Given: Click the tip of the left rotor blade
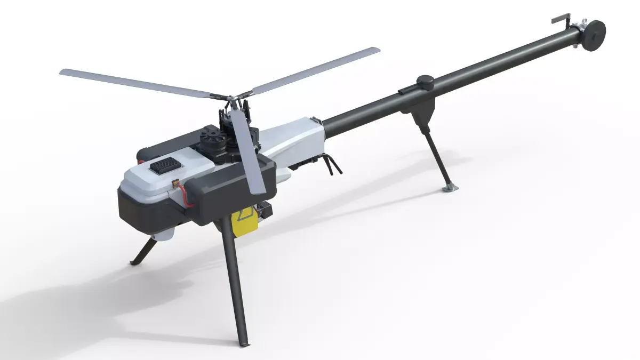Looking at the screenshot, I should [x=63, y=72].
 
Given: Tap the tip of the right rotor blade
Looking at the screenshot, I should [x=376, y=50].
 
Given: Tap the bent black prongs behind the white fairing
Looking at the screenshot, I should [x=334, y=163].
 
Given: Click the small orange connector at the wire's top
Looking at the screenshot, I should [x=174, y=183].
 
